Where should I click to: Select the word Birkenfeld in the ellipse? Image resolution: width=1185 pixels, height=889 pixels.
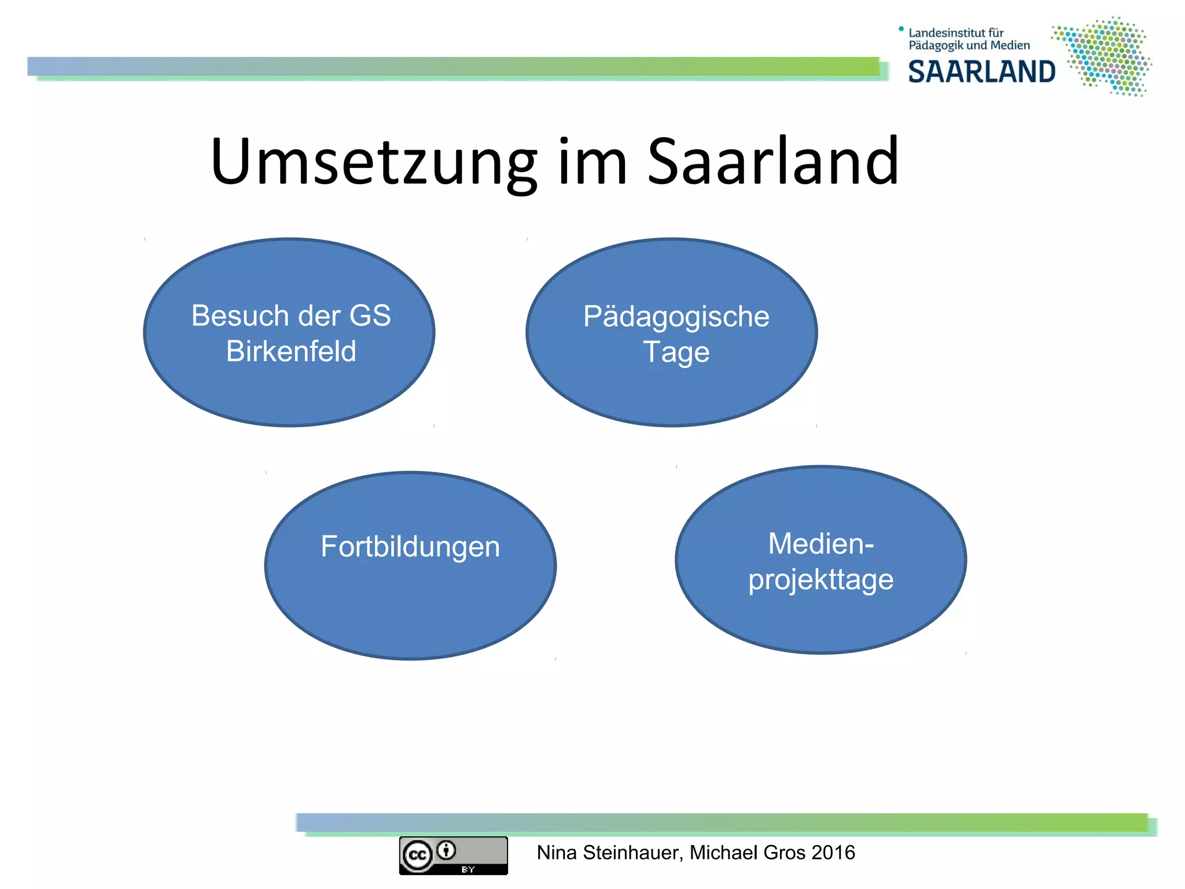pyautogui.click(x=291, y=351)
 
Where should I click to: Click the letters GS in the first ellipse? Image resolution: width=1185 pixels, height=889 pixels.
pyautogui.click(x=370, y=316)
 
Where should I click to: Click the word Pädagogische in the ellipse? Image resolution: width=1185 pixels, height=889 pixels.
pyautogui.click(x=676, y=317)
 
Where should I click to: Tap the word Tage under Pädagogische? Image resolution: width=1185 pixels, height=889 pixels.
pyautogui.click(x=676, y=352)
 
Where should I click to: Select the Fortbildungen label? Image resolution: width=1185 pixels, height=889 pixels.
pyautogui.click(x=410, y=547)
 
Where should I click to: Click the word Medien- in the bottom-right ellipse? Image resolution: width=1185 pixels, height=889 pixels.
pyautogui.click(x=820, y=544)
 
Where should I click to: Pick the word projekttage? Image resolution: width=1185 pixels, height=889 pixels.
pyautogui.click(x=820, y=580)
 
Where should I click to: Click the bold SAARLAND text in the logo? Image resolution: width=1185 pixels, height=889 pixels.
pyautogui.click(x=981, y=72)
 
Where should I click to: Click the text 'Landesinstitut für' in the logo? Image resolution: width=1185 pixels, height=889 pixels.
pyautogui.click(x=956, y=33)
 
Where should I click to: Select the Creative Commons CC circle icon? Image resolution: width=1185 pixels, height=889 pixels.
pyautogui.click(x=418, y=855)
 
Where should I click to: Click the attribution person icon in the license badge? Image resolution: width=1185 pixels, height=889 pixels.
pyautogui.click(x=447, y=850)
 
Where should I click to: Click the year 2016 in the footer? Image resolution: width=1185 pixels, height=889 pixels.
pyautogui.click(x=833, y=853)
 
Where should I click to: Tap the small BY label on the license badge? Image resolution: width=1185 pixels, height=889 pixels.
pyautogui.click(x=468, y=869)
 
